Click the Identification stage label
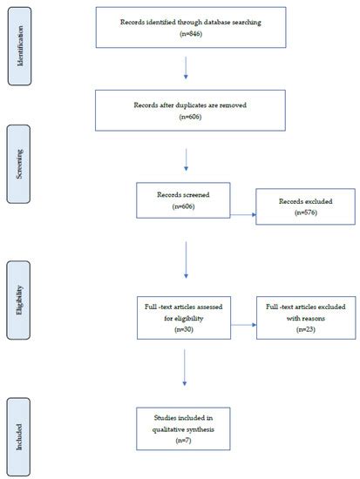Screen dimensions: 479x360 click(18, 47)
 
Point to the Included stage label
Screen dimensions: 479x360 click(18, 435)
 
